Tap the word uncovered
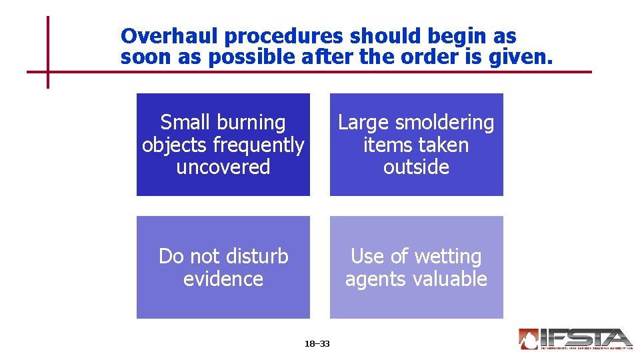pos(223,167)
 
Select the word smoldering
pos(444,123)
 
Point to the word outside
pos(417,167)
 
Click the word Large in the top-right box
pos(363,123)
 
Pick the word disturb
pos(256,256)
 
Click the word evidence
pos(223,279)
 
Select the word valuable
pos(453,279)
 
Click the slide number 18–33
pos(317,344)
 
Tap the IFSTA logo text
pos(586,337)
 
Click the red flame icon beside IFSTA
pos(529,339)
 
